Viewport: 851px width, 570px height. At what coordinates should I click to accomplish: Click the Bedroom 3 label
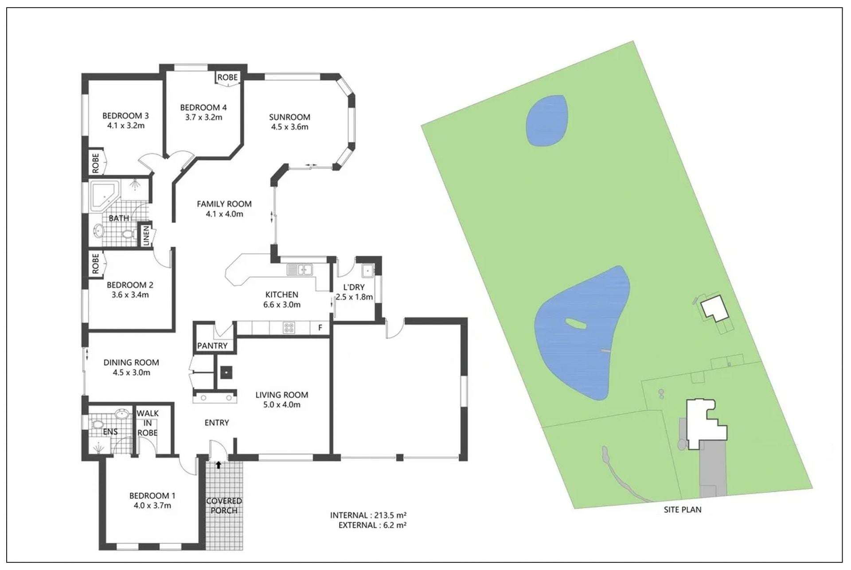pyautogui.click(x=125, y=116)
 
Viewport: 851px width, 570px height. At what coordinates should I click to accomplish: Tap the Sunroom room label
pyautogui.click(x=289, y=117)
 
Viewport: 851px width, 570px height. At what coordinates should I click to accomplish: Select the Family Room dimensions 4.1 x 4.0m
pyautogui.click(x=224, y=214)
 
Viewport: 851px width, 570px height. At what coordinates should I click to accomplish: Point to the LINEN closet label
pyautogui.click(x=146, y=236)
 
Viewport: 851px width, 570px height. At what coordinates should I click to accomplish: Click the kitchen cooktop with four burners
pyautogui.click(x=289, y=328)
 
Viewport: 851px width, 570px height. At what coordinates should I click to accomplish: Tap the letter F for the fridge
pyautogui.click(x=320, y=328)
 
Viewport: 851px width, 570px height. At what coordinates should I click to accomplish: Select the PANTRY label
pyautogui.click(x=212, y=345)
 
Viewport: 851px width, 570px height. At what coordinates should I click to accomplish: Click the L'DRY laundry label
pyautogui.click(x=354, y=287)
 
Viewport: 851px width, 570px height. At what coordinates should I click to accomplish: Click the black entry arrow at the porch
pyautogui.click(x=219, y=465)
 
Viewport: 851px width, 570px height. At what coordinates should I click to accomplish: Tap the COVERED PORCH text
pyautogui.click(x=224, y=506)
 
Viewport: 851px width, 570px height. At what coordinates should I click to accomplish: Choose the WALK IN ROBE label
pyautogui.click(x=148, y=423)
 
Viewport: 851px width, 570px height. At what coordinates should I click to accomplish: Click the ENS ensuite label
pyautogui.click(x=110, y=431)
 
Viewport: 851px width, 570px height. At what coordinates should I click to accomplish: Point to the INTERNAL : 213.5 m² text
pyautogui.click(x=368, y=515)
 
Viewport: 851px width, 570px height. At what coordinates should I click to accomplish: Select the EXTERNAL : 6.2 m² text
pyautogui.click(x=372, y=525)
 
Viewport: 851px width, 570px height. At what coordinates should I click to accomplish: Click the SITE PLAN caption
pyautogui.click(x=682, y=510)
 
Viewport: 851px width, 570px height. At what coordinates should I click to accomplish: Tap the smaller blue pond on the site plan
pyautogui.click(x=546, y=120)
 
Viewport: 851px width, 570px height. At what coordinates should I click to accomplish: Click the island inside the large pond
pyautogui.click(x=576, y=324)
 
